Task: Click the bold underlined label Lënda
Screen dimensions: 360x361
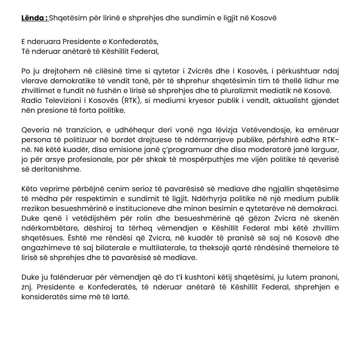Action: point(35,18)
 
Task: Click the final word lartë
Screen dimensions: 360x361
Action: point(121,297)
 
